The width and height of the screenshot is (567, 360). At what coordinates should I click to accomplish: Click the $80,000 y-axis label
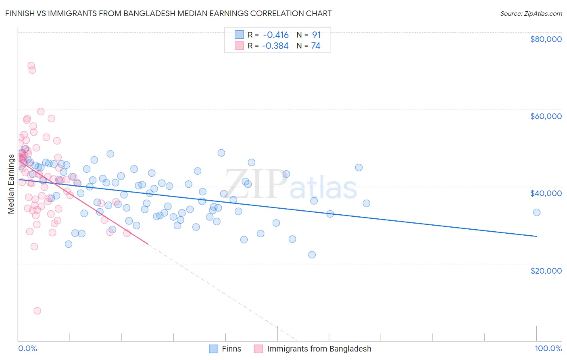coord(546,39)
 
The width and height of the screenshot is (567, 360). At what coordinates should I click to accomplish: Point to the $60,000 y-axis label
coord(546,116)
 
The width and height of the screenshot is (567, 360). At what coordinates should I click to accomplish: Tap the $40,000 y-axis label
coord(546,193)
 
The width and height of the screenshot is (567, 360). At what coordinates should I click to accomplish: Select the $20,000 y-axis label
coord(546,270)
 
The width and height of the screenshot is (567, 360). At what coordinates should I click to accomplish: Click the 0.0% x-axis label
coord(27,348)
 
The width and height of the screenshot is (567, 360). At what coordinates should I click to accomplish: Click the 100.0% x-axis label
coord(548,348)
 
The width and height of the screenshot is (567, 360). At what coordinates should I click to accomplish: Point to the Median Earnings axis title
coord(11,184)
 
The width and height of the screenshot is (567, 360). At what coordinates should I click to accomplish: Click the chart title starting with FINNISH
coord(169,13)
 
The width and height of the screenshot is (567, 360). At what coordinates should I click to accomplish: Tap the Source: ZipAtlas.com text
coord(531,13)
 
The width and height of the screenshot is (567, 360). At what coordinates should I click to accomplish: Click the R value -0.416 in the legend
coord(275,35)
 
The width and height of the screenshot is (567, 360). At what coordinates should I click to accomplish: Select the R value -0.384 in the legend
coord(275,46)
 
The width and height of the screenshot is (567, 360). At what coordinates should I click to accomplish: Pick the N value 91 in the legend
coord(316,35)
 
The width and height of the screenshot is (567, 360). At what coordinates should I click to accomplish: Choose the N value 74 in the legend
coord(315,46)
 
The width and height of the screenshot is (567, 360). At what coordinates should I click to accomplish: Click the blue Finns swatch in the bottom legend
coord(214,349)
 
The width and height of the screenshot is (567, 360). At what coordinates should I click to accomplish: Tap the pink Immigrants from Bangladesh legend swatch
coord(258,349)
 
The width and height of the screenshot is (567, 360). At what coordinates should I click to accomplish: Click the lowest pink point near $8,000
coord(37,311)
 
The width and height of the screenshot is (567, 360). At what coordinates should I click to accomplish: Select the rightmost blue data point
coord(537,212)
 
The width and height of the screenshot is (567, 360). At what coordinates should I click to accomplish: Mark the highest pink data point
coord(31,65)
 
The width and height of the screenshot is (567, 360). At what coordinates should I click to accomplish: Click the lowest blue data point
coord(312,255)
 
